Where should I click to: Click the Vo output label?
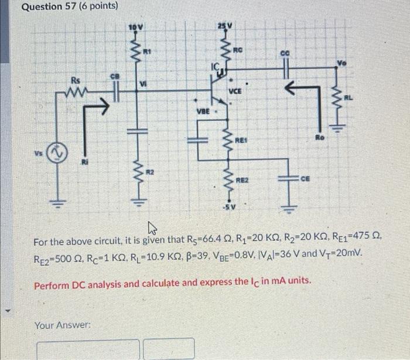pos(341,62)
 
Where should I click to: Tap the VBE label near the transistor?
pos(203,111)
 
